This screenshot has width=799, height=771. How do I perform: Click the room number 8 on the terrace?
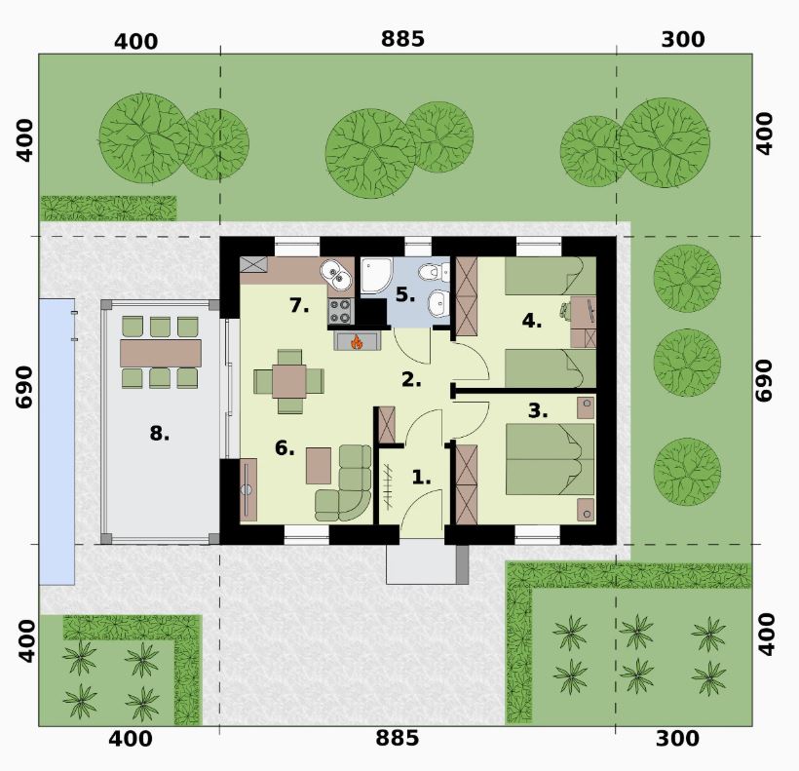[159, 434]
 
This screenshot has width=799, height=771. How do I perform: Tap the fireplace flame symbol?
[357, 341]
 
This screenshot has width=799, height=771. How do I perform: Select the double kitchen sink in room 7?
[336, 274]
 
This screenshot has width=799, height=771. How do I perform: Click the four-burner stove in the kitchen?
[340, 311]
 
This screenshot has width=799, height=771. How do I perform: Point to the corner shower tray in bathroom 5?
[376, 275]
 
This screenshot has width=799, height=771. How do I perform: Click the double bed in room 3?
[551, 459]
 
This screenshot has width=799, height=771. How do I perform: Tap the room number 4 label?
[531, 321]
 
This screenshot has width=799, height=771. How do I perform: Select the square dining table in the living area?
[289, 381]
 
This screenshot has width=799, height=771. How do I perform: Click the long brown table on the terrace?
[161, 353]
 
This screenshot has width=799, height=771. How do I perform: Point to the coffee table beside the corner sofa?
[319, 465]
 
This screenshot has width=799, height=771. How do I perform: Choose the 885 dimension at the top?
[402, 39]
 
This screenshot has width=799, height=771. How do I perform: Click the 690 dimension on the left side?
[23, 387]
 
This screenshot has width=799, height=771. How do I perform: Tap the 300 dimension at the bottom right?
[676, 739]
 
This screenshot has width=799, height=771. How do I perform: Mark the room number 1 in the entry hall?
[421, 478]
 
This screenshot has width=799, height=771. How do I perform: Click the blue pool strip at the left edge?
[57, 442]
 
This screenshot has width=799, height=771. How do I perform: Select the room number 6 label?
[285, 448]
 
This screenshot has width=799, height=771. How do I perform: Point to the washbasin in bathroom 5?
[438, 304]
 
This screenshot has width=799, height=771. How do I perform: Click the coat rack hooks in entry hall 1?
[388, 486]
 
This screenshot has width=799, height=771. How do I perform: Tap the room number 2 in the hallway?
[411, 379]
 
